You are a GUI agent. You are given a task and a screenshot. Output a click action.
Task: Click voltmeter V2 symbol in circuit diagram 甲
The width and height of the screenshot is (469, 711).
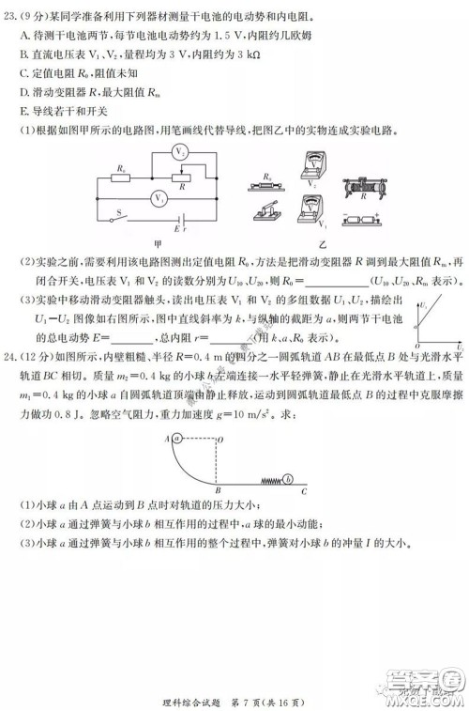click(x=184, y=151)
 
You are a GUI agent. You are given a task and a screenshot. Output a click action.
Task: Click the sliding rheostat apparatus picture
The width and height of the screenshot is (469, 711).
click(x=368, y=192)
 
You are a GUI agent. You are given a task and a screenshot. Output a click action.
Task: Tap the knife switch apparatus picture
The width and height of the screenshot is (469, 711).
click(x=272, y=216)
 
